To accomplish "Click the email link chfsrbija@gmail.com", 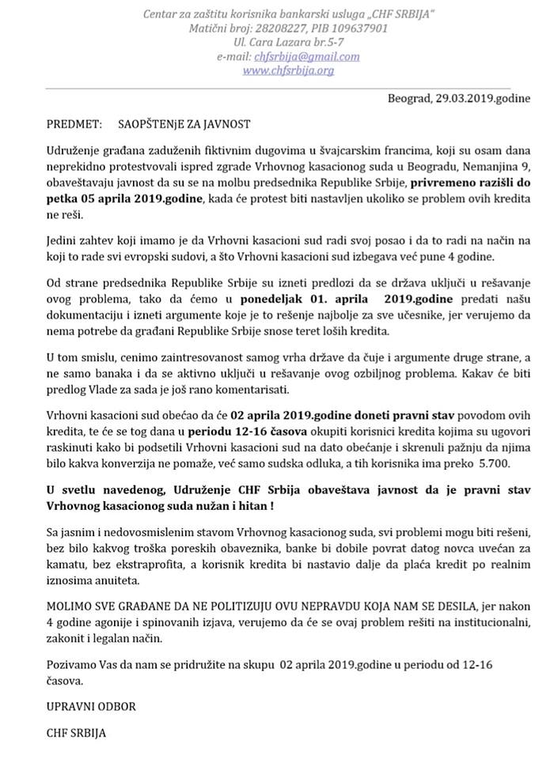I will (x=306, y=56).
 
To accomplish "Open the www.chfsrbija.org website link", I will (x=287, y=70).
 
